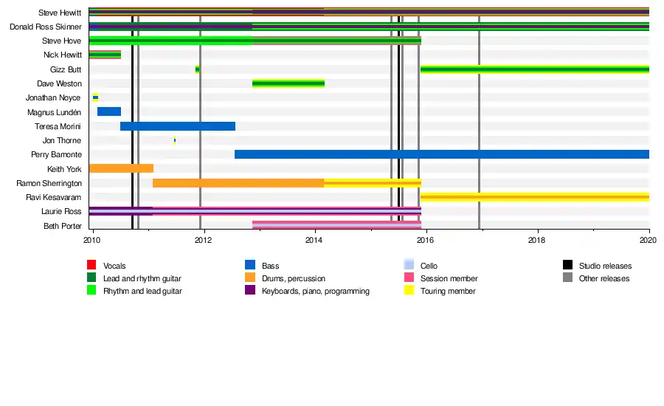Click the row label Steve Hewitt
point(60,13)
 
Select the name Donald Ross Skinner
point(46,27)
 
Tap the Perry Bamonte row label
point(56,155)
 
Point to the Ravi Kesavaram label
point(54,197)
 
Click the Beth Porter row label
point(62,226)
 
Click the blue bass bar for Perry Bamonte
point(441,154)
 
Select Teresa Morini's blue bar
point(178,126)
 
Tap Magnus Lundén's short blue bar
point(109,111)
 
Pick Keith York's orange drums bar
point(121,168)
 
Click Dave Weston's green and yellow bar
point(288,83)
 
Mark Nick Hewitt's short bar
point(105,55)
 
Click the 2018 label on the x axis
point(537,240)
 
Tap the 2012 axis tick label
point(204,240)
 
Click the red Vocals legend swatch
point(91,265)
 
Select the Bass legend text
point(270,266)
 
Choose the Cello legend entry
point(429,266)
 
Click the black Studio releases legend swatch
point(568,265)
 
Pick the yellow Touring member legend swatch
point(409,291)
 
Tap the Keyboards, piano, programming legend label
point(316,291)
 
